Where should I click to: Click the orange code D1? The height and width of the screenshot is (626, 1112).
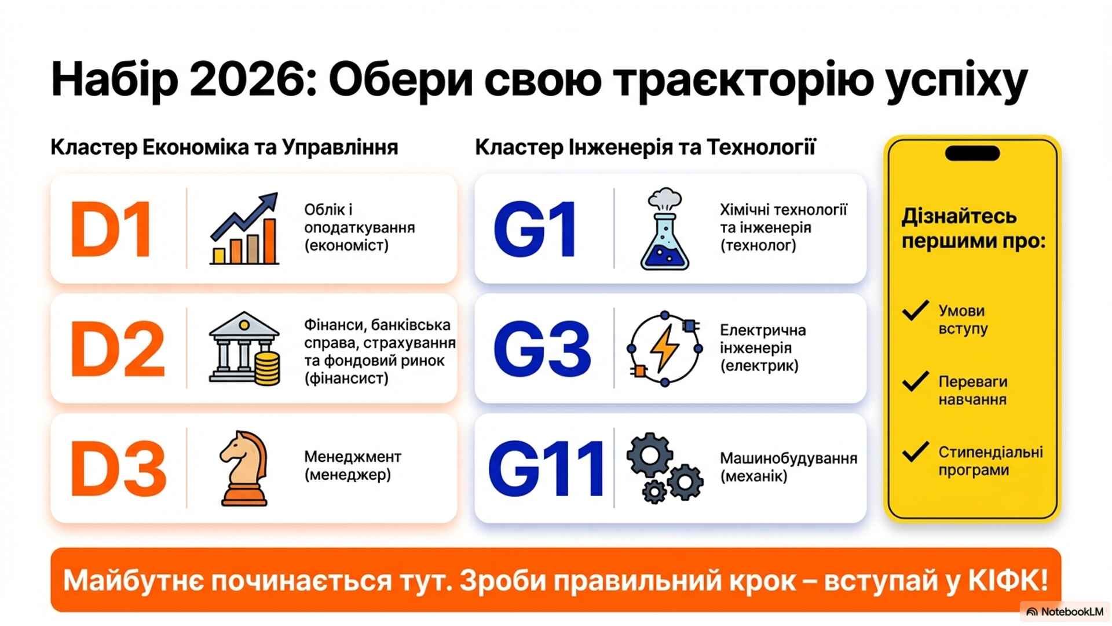pyautogui.click(x=111, y=229)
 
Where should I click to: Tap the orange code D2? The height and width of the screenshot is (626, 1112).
pyautogui.click(x=118, y=349)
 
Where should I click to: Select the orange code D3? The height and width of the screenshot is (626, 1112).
pyautogui.click(x=118, y=469)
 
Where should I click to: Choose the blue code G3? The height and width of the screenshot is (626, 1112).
pyautogui.click(x=542, y=349)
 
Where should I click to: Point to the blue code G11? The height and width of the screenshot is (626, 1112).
pyautogui.click(x=547, y=469)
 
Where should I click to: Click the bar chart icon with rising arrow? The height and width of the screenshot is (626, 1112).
pyautogui.click(x=244, y=228)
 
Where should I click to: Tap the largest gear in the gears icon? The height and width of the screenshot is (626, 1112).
pyautogui.click(x=650, y=456)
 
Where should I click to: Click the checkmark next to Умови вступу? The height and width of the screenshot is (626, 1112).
pyautogui.click(x=916, y=311)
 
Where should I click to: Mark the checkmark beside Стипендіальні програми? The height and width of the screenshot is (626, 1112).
pyautogui.click(x=916, y=452)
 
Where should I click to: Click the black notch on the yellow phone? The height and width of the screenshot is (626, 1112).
pyautogui.click(x=972, y=154)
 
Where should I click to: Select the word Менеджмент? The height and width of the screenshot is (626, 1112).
pyautogui.click(x=353, y=457)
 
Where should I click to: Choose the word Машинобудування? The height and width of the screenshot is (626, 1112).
pyautogui.click(x=788, y=458)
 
